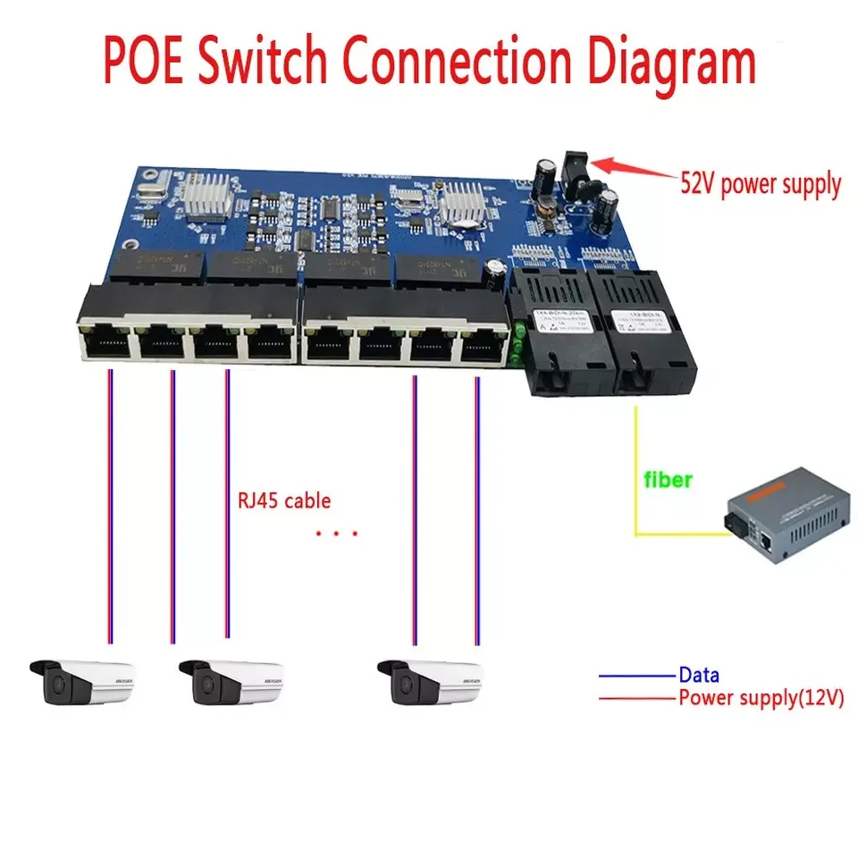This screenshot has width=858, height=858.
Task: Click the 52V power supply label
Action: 759,185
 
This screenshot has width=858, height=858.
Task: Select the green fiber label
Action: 668,480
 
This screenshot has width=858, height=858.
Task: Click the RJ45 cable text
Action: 284,500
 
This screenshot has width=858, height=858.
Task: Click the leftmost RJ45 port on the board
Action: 105,341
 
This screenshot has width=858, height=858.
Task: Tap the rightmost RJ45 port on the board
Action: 483,341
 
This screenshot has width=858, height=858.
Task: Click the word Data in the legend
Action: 698,676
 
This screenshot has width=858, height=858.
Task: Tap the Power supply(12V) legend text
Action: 761,698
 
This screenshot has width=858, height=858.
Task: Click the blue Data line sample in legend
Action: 636,677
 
